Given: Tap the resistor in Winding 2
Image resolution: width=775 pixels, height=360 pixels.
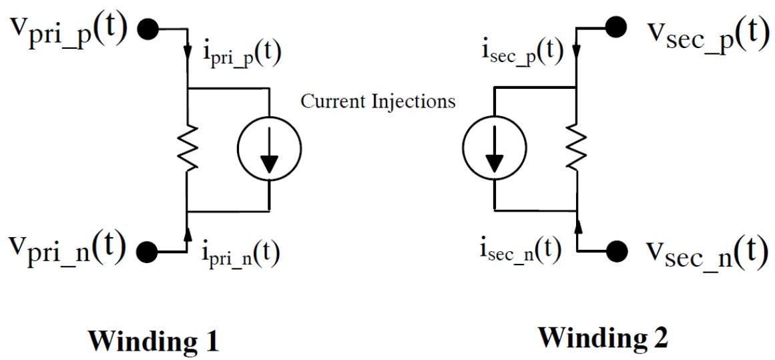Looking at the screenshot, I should point(576,148).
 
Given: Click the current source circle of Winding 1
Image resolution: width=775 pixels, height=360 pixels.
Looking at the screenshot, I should point(268,148).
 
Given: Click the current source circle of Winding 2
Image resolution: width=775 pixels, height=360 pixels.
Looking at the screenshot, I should point(495,148).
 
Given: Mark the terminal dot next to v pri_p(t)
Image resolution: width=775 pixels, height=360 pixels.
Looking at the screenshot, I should point(148,29).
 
